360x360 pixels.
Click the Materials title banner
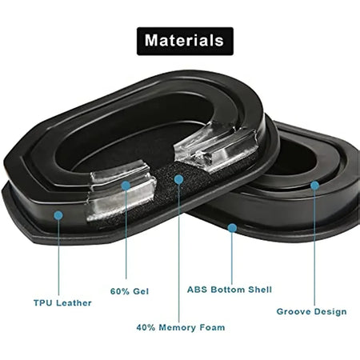pyautogui.click(x=185, y=41)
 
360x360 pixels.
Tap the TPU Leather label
pyautogui.click(x=62, y=303)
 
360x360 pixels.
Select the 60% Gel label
pyautogui.click(x=130, y=291)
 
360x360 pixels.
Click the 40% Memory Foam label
pyautogui.click(x=181, y=327)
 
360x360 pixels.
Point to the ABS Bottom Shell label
pyautogui.click(x=230, y=290)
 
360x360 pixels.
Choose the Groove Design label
pyautogui.click(x=311, y=312)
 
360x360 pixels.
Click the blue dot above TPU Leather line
pyautogui.click(x=58, y=215)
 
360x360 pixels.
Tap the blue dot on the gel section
pyautogui.click(x=126, y=186)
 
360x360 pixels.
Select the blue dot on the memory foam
pyautogui.click(x=178, y=179)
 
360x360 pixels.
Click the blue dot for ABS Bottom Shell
pyautogui.click(x=232, y=228)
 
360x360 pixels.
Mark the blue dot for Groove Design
pyautogui.click(x=314, y=186)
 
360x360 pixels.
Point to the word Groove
pyautogui.click(x=293, y=312)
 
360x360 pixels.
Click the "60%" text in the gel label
pyautogui.click(x=119, y=291)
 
